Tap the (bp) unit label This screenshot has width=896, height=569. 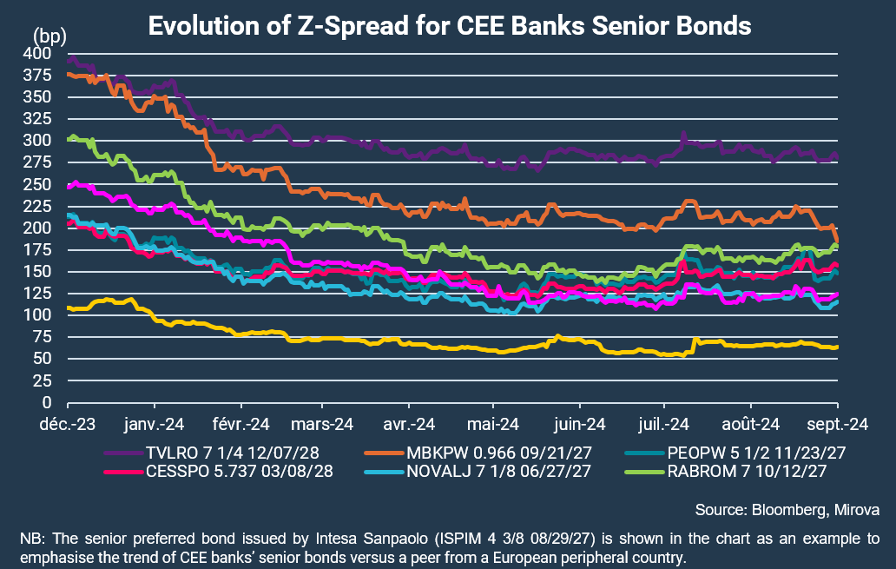pyautogui.click(x=49, y=36)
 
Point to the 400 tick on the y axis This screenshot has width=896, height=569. pyautogui.click(x=37, y=53)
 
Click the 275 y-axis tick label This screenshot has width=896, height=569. pyautogui.click(x=37, y=162)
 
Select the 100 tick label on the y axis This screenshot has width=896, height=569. pyautogui.click(x=37, y=315)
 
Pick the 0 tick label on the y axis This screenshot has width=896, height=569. pyautogui.click(x=47, y=402)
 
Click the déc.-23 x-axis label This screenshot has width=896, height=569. pyautogui.click(x=68, y=424)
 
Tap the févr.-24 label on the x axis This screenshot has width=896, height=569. pyautogui.click(x=241, y=424)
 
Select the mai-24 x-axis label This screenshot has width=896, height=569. pyautogui.click(x=493, y=424)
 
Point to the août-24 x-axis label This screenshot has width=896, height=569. pyautogui.click(x=751, y=424)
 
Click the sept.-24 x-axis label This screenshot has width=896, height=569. pyautogui.click(x=838, y=424)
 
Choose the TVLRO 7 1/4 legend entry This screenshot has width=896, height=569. pyautogui.click(x=212, y=453)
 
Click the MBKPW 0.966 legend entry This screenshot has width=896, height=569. pyautogui.click(x=478, y=453)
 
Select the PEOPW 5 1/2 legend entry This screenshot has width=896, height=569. pyautogui.click(x=735, y=453)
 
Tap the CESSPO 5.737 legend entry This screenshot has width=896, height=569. pyautogui.click(x=219, y=471)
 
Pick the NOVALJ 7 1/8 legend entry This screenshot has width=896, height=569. pyautogui.click(x=478, y=471)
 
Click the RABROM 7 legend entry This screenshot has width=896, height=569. pyautogui.click(x=726, y=471)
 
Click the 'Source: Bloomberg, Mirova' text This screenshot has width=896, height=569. pyautogui.click(x=787, y=510)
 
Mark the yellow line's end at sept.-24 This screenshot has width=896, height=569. pyautogui.click(x=837, y=347)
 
